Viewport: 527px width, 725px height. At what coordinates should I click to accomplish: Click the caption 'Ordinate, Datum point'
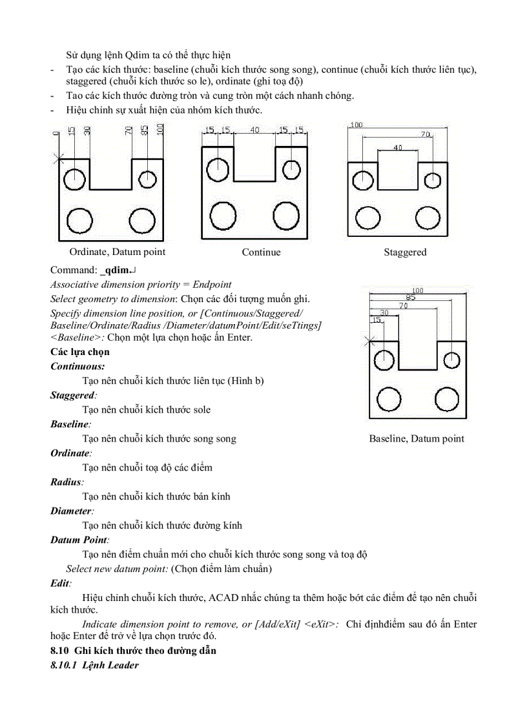pyautogui.click(x=117, y=252)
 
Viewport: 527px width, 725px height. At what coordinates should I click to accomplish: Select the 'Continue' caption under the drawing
pyautogui.click(x=261, y=252)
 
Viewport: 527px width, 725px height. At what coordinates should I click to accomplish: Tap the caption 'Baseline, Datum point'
pyautogui.click(x=417, y=438)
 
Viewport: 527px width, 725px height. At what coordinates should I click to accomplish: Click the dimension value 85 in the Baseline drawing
pyautogui.click(x=411, y=298)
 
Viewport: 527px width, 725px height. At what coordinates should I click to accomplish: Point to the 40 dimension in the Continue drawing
pyautogui.click(x=254, y=130)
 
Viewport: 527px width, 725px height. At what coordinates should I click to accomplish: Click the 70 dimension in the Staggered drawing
pyautogui.click(x=426, y=135)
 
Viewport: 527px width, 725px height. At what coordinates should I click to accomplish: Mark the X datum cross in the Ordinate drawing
pyautogui.click(x=59, y=158)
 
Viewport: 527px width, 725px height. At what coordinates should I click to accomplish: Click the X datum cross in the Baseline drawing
pyautogui.click(x=369, y=342)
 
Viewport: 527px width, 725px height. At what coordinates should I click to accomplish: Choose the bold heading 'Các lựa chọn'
pyautogui.click(x=80, y=352)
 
